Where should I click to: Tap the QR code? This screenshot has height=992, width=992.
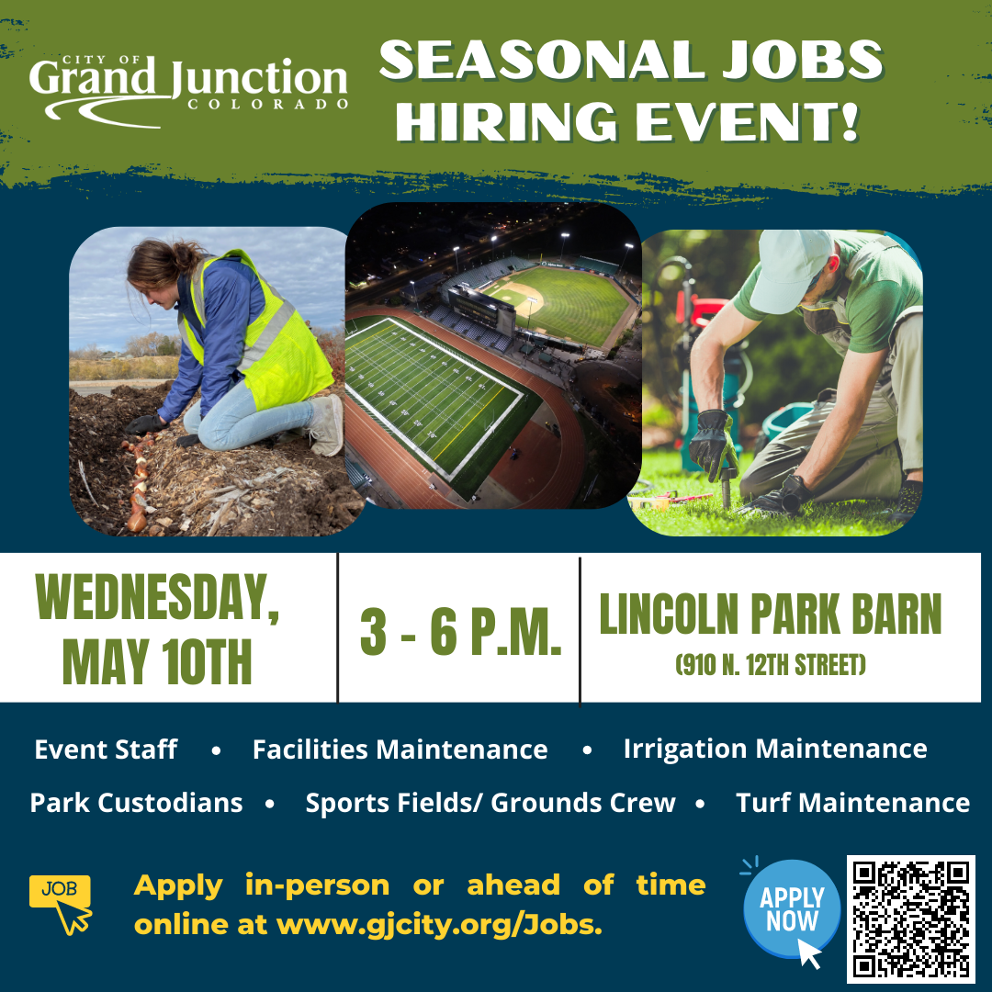click(x=910, y=919)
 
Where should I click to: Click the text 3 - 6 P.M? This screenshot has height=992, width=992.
click(x=460, y=631)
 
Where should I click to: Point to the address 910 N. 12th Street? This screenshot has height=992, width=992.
click(x=770, y=664)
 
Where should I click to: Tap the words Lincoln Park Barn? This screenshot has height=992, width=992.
click(x=770, y=614)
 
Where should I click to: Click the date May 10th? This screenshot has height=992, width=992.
click(x=157, y=662)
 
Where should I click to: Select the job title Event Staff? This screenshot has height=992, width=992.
click(x=106, y=750)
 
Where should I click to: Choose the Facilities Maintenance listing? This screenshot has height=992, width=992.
click(x=400, y=750)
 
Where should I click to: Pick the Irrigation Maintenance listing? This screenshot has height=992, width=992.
click(x=775, y=749)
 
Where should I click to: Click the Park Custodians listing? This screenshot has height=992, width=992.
click(x=136, y=803)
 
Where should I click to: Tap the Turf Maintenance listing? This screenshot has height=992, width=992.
click(x=852, y=803)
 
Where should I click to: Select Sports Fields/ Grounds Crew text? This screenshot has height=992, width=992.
click(x=490, y=803)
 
